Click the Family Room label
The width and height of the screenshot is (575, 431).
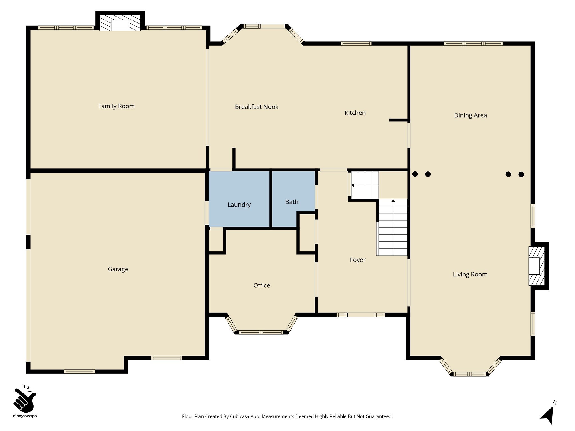pyautogui.click(x=116, y=106)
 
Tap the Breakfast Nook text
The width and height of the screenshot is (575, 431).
pyautogui.click(x=256, y=107)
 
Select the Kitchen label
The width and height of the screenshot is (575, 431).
pyautogui.click(x=355, y=113)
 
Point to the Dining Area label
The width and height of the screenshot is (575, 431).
pyautogui.click(x=470, y=115)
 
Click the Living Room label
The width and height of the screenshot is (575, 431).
pyautogui.click(x=470, y=274)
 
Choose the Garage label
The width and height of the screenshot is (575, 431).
pyautogui.click(x=118, y=269)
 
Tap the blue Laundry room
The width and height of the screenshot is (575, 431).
pyautogui.click(x=239, y=205)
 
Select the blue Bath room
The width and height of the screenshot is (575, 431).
pyautogui.click(x=292, y=202)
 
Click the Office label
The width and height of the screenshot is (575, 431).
pyautogui.click(x=262, y=285)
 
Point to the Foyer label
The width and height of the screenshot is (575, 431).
pyautogui.click(x=357, y=260)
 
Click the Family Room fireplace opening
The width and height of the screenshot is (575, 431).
pyautogui.click(x=120, y=26)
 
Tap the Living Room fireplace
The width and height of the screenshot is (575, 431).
pyautogui.click(x=534, y=266)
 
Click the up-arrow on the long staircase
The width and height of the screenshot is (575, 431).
pyautogui.click(x=393, y=201)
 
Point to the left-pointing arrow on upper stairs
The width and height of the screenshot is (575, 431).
pyautogui.click(x=353, y=185)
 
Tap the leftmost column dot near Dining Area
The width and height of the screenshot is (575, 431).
pyautogui.click(x=415, y=174)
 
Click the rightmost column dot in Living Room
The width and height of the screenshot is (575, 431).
pyautogui.click(x=521, y=175)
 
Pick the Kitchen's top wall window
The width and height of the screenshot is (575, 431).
pyautogui.click(x=356, y=43)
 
